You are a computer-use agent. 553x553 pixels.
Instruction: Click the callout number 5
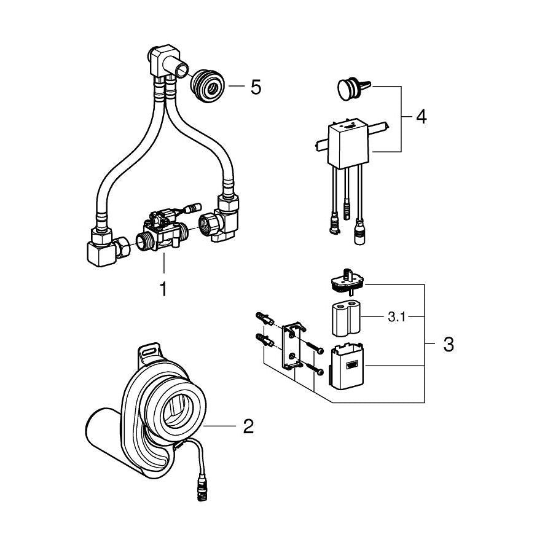click(256, 87)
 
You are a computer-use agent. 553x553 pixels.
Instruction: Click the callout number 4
click(421, 116)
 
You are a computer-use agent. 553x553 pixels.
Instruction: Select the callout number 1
click(163, 289)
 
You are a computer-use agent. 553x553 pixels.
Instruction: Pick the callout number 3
click(449, 344)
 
